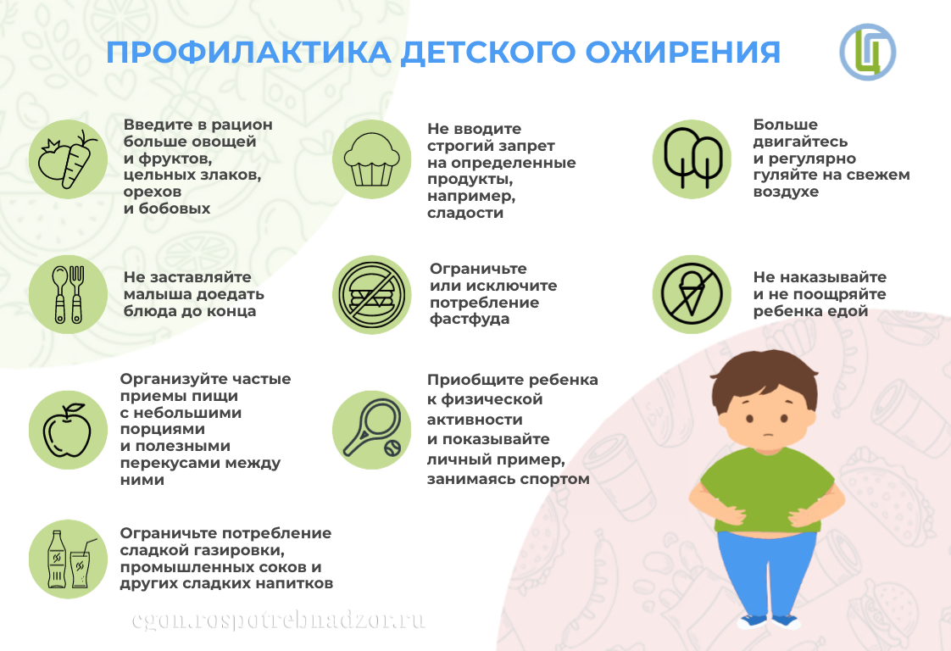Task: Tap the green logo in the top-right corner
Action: coord(867,52)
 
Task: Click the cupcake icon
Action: coord(371,159)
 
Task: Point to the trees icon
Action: coord(692,159)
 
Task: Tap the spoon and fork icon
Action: coord(68,294)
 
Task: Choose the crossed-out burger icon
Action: coord(371,294)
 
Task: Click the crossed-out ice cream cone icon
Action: coord(692,294)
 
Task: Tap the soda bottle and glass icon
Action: coord(68,559)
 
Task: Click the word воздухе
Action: coord(786,192)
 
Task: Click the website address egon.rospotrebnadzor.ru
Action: coord(278,620)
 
